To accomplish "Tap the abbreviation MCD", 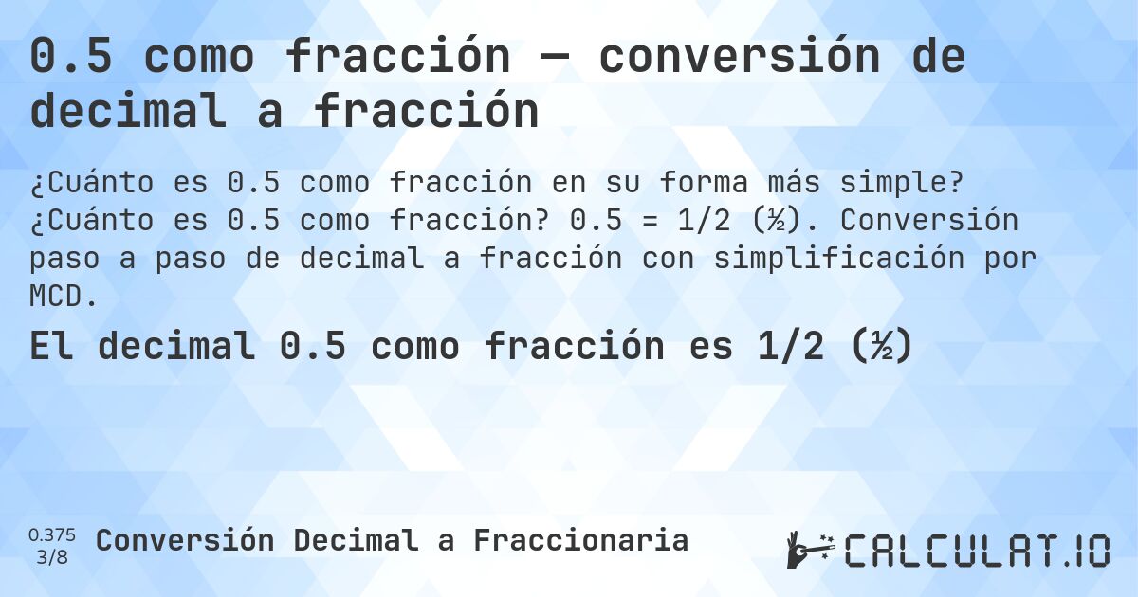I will point(63,297).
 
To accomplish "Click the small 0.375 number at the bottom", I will point(52,534).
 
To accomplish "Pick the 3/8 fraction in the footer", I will point(52,556).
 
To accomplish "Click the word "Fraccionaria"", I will point(580,540).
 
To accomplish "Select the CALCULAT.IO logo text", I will point(977,551).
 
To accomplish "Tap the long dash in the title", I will point(554,58).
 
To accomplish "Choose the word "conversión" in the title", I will point(735,58).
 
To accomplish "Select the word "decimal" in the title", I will point(129,112).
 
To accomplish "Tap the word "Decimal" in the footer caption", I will point(355,540).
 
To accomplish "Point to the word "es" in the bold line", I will point(711,347).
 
